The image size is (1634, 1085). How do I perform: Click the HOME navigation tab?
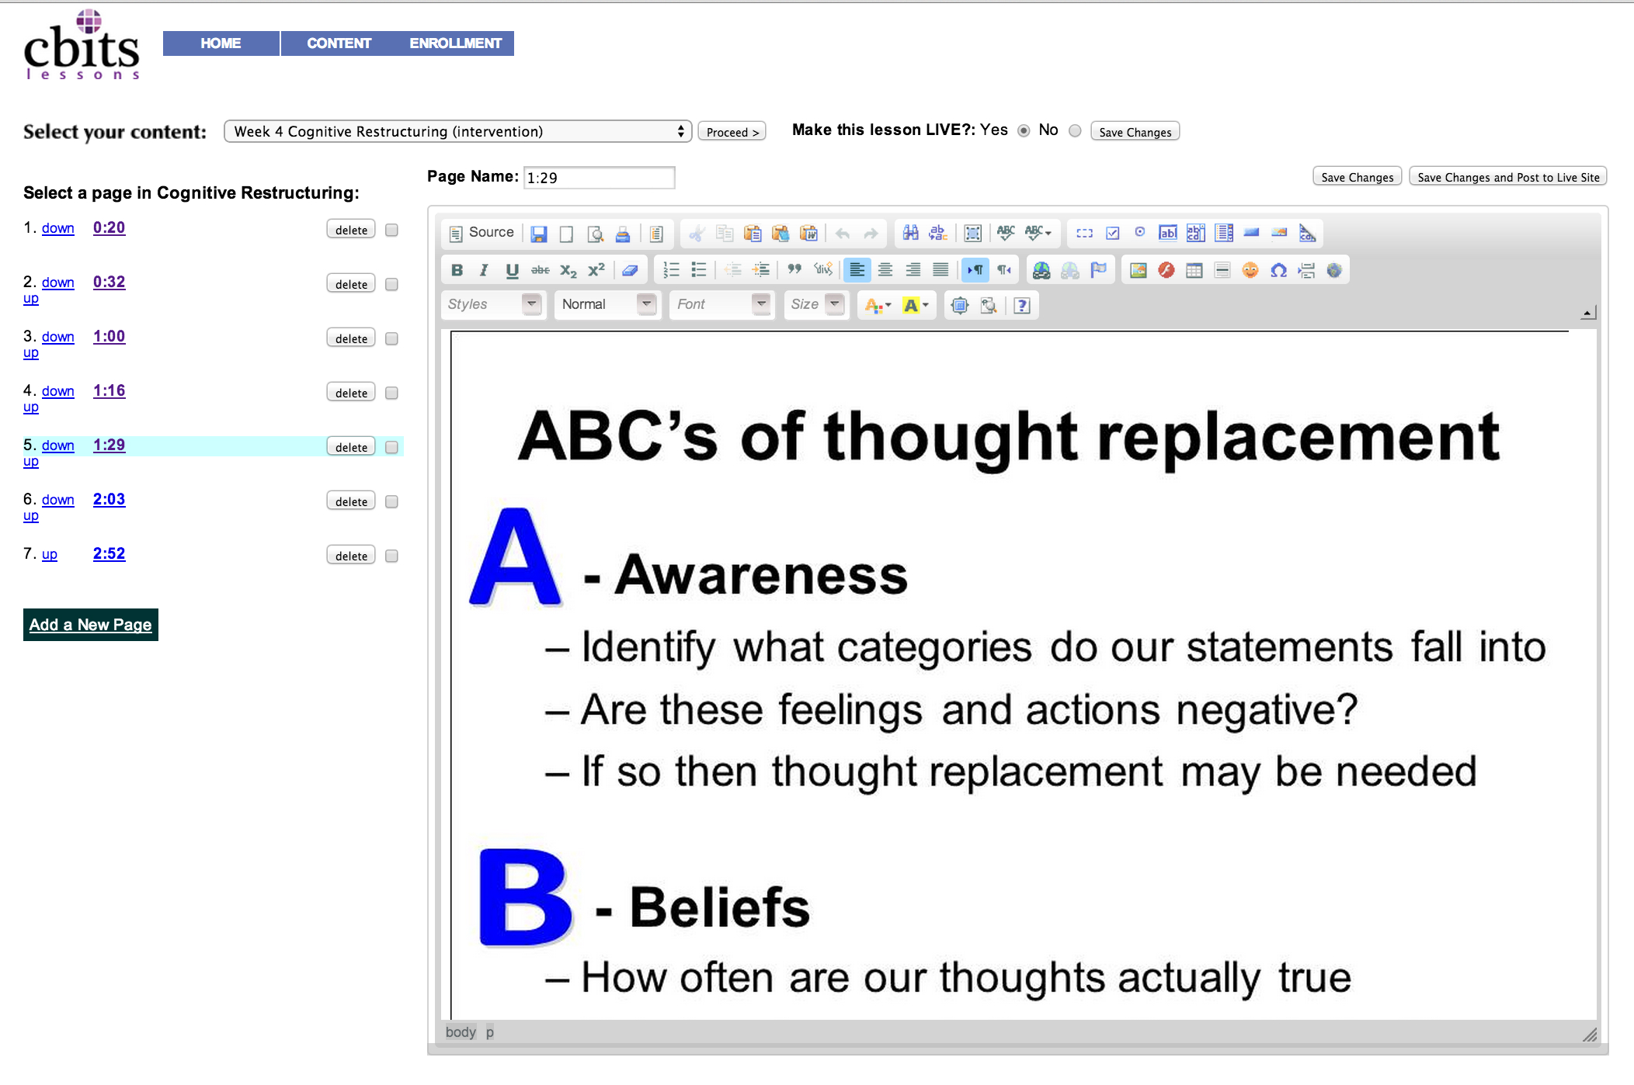(x=221, y=43)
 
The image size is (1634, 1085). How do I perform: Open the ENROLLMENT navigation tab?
(x=455, y=43)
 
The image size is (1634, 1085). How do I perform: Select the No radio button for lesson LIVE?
(x=1075, y=130)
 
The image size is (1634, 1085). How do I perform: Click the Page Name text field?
(x=599, y=178)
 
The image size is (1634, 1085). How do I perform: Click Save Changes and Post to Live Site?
(x=1508, y=177)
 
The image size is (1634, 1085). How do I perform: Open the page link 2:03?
(x=109, y=499)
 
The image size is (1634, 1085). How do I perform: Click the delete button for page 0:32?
(x=351, y=284)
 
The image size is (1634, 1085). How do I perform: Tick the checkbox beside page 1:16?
(x=392, y=393)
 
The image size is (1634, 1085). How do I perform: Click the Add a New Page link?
(x=91, y=625)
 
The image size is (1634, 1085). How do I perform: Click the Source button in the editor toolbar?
(x=482, y=233)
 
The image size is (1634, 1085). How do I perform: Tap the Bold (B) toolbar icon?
(x=457, y=270)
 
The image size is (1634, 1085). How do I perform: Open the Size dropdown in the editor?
(x=815, y=304)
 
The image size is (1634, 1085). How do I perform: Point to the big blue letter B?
(x=525, y=897)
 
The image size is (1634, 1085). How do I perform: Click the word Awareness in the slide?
(x=761, y=575)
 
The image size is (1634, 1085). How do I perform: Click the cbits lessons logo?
(x=82, y=44)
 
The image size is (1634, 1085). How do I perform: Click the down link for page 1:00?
(x=58, y=337)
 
